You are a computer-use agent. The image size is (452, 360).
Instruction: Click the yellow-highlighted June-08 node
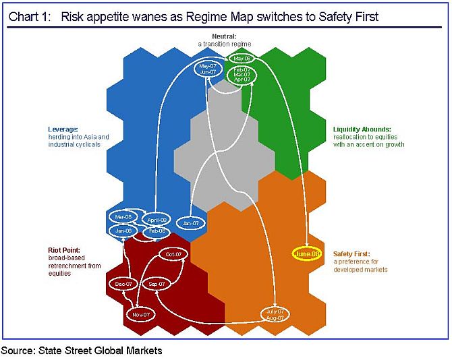click(x=306, y=253)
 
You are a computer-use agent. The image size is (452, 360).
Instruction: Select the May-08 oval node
click(x=244, y=59)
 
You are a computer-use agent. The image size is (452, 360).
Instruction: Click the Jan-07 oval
click(x=190, y=222)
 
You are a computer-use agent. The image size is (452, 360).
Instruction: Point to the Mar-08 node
click(x=123, y=217)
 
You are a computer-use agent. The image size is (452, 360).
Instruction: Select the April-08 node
click(x=157, y=220)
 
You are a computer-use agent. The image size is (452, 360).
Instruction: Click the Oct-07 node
click(x=174, y=254)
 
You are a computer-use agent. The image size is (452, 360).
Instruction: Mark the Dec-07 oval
click(x=124, y=284)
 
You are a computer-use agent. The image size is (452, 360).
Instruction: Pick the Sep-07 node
click(x=157, y=284)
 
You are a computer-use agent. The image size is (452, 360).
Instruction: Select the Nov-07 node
click(x=140, y=314)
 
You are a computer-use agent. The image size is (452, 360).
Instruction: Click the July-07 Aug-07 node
click(x=275, y=313)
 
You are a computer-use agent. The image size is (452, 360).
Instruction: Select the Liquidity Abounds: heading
click(x=362, y=129)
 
